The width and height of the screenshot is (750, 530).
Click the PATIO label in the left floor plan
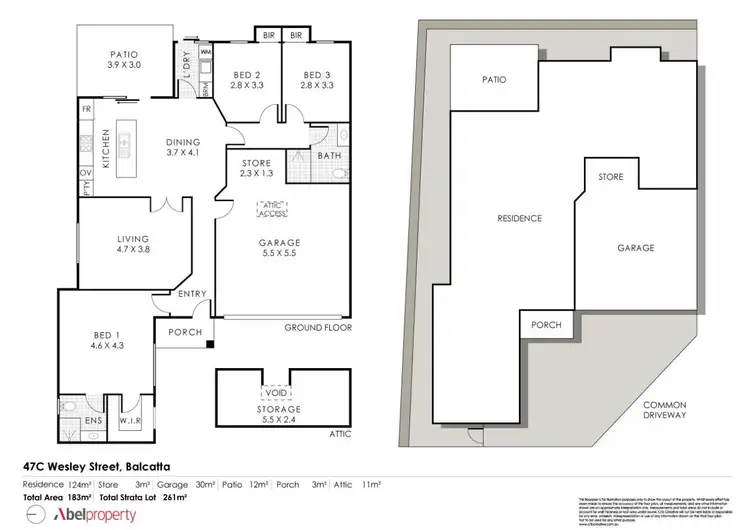pos(124,61)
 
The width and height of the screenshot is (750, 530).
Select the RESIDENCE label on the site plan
pos(519,218)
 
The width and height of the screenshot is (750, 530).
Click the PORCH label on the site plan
pos(545,325)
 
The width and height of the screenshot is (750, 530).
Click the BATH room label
pos(331,156)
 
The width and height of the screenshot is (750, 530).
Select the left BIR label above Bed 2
pos(267,35)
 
